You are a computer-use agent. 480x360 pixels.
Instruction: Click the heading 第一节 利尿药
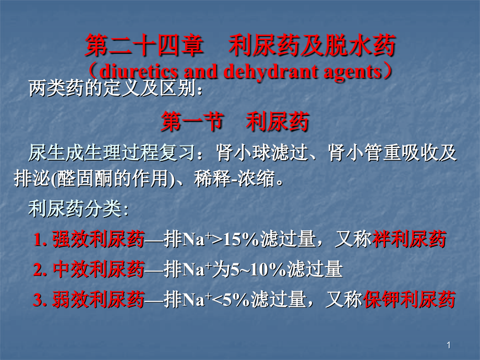[x=235, y=122]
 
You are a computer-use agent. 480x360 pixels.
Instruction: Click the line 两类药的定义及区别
[x=115, y=90]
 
